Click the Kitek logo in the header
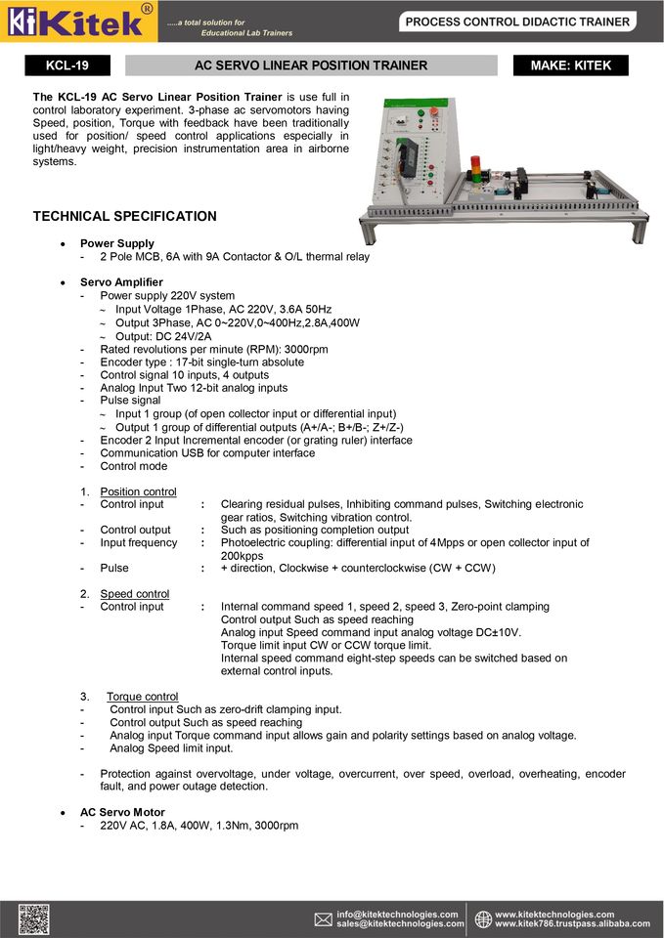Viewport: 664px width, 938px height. pos(78,21)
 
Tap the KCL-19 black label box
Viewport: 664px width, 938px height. pos(67,65)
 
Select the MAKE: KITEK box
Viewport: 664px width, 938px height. pos(570,65)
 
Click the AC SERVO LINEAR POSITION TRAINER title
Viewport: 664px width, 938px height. pos(311,65)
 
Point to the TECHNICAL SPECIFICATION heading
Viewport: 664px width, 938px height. pos(125,216)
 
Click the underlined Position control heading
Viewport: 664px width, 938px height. pos(138,491)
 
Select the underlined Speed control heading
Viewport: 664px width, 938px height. pos(134,593)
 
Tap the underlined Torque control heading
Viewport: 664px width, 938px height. pos(142,697)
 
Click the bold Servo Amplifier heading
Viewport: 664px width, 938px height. pos(121,282)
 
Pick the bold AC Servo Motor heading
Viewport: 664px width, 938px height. pos(122,812)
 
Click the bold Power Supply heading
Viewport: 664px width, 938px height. pos(116,243)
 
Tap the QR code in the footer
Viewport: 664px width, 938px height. pos(33,919)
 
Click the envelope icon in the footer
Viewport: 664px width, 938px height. pos(324,919)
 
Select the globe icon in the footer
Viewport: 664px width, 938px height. pos(483,919)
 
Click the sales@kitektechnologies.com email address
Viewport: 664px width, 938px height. pos(400,924)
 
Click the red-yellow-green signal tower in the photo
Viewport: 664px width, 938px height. pos(476,167)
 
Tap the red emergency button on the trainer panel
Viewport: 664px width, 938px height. pos(433,112)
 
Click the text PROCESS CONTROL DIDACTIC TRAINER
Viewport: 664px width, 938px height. pos(517,21)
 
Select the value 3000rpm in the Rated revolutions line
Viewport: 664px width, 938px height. pos(306,349)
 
